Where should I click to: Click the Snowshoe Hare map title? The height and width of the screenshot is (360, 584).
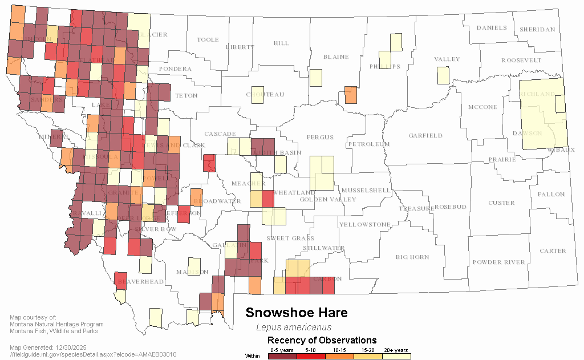tap(296, 313)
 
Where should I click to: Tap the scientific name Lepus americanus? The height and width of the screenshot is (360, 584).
tap(293, 327)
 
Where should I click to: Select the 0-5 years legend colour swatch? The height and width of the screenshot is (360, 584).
tap(282, 356)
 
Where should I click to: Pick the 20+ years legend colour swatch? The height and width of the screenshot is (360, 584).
tap(396, 356)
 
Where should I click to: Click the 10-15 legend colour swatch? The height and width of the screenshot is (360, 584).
tap(339, 356)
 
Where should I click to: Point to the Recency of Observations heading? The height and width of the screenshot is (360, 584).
tap(322, 341)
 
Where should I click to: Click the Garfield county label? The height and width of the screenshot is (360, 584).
tap(425, 135)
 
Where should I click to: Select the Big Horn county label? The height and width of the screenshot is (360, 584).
tap(412, 257)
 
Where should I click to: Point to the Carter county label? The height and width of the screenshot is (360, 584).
tap(553, 250)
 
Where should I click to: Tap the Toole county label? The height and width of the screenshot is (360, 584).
tap(208, 40)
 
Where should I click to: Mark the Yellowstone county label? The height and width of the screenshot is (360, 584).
tap(364, 224)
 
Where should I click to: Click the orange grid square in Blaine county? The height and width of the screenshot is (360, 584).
tap(351, 94)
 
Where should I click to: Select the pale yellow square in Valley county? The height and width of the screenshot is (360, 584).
tap(443, 75)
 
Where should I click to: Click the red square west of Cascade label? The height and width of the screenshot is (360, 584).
tap(209, 163)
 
